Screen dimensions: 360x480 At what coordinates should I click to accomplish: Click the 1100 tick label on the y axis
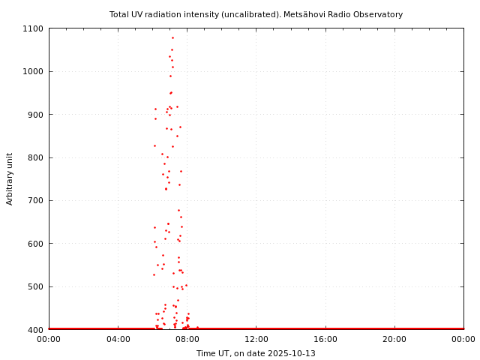(34, 28)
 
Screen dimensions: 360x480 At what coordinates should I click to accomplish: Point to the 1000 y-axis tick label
(34, 71)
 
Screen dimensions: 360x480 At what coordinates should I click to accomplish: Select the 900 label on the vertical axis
(36, 115)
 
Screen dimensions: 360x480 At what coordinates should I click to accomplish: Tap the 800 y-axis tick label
(36, 157)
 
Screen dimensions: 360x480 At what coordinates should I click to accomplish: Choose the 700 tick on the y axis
(36, 200)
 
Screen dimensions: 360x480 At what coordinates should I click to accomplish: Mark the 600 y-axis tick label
(36, 244)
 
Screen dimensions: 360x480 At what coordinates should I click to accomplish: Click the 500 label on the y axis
(36, 286)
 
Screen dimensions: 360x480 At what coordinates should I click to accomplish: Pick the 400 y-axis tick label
(36, 330)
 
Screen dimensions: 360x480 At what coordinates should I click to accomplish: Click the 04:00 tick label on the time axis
(118, 339)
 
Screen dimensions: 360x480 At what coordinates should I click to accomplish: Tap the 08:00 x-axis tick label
(187, 339)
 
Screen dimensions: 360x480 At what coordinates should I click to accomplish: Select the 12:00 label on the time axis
(256, 339)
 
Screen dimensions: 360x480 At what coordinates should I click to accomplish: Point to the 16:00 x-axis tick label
(325, 339)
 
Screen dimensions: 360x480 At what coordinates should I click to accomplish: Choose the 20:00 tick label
(394, 339)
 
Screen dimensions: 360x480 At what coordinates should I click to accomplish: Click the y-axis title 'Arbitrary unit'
(10, 178)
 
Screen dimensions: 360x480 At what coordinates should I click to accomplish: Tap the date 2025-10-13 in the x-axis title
(291, 353)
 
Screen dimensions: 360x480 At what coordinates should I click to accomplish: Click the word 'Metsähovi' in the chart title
(304, 14)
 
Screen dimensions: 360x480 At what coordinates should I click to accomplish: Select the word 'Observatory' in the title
(379, 14)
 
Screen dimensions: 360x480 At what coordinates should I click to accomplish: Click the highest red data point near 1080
(172, 37)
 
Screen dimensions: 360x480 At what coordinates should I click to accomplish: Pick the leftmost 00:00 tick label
(49, 339)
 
